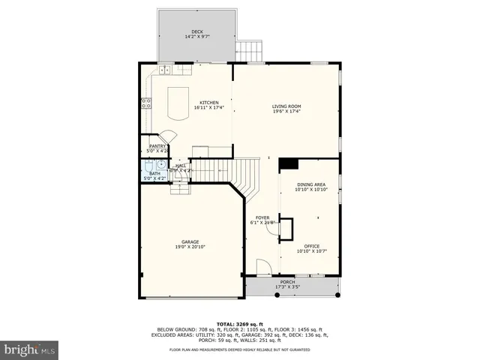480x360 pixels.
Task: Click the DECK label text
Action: click(x=196, y=31)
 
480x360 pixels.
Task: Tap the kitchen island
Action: click(x=177, y=103)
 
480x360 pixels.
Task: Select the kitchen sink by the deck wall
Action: click(x=164, y=70)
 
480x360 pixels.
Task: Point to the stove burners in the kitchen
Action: click(x=144, y=104)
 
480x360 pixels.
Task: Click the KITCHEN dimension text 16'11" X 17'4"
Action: click(x=208, y=108)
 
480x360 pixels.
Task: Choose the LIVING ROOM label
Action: click(x=286, y=106)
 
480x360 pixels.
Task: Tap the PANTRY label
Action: click(x=157, y=146)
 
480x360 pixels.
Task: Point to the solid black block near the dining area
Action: click(x=288, y=164)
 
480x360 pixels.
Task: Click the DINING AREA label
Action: click(x=310, y=184)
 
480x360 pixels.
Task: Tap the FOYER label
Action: click(x=262, y=217)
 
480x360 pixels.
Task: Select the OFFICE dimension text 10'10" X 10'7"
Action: click(x=311, y=252)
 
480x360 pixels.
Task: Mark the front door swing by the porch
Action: click(x=263, y=268)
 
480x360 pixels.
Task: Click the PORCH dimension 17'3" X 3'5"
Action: click(x=287, y=287)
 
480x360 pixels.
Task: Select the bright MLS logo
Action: click(x=30, y=349)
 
